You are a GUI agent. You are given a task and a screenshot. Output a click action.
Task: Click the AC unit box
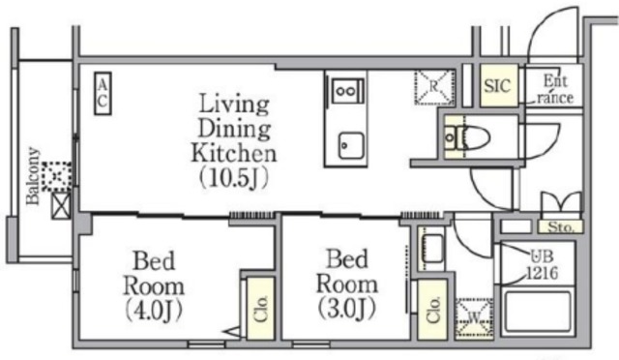click(x=103, y=94)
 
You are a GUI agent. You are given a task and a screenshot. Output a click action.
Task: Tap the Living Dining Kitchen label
click(x=234, y=128)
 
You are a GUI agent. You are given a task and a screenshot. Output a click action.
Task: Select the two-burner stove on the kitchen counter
click(x=346, y=91)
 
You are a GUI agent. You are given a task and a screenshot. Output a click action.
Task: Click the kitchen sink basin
click(x=350, y=145)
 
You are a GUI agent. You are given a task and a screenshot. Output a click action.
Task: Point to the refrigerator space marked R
click(x=434, y=87)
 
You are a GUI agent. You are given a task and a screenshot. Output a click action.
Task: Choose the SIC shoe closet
click(x=499, y=85)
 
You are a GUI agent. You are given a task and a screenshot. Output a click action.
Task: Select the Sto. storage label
click(x=560, y=226)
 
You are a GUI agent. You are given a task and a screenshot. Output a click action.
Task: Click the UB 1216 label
click(x=543, y=264)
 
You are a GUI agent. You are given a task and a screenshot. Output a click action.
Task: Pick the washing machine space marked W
click(x=474, y=318)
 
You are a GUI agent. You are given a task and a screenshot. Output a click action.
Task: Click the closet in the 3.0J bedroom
click(x=432, y=309)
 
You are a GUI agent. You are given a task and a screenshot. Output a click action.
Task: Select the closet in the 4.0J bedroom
click(x=260, y=309)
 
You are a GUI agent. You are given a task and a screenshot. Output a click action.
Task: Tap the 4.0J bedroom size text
click(x=154, y=310)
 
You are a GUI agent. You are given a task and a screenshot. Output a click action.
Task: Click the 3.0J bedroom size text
click(x=347, y=309)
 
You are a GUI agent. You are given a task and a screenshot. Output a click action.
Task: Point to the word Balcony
click(x=33, y=176)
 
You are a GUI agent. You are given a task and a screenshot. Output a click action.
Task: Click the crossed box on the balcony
click(x=61, y=205)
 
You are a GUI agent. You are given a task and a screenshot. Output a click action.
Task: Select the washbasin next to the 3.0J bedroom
click(x=432, y=249)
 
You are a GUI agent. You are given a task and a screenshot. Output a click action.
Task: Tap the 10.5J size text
click(x=234, y=178)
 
